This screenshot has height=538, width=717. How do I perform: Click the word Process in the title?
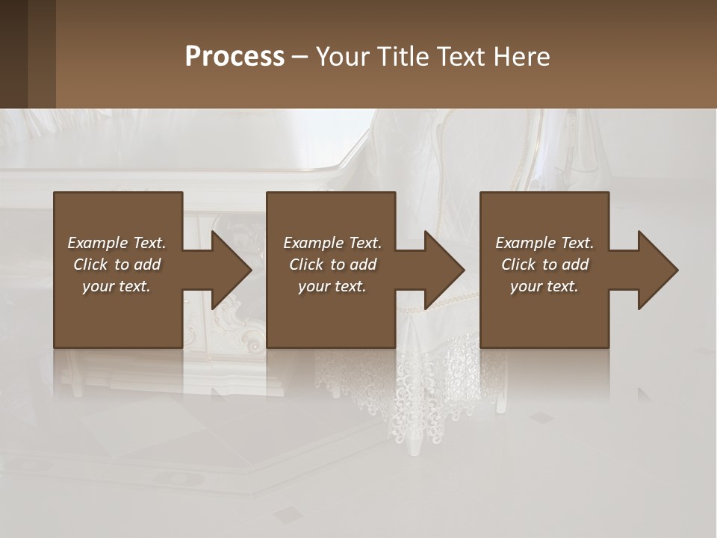[235, 57]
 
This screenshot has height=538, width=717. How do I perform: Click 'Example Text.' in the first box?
[117, 243]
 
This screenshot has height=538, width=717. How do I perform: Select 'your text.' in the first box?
[117, 286]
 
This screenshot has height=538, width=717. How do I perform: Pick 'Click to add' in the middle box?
[332, 265]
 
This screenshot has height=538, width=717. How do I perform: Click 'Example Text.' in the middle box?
[332, 243]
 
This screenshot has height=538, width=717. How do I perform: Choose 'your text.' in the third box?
[544, 286]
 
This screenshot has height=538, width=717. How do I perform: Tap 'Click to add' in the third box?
[544, 265]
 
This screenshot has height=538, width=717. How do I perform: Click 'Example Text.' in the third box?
[544, 243]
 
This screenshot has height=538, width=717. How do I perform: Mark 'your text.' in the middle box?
[332, 286]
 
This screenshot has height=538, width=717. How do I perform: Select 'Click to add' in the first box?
[117, 265]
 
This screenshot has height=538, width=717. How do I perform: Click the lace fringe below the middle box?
[396, 381]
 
